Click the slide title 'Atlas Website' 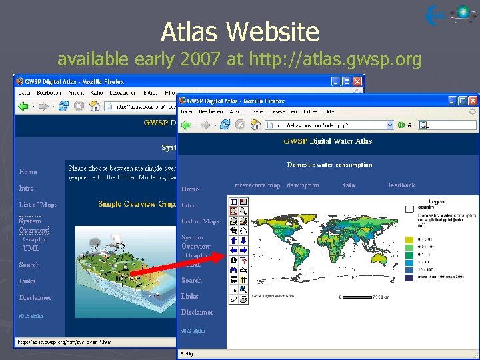(240, 31)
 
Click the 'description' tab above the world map (303, 185)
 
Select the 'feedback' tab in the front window (401, 185)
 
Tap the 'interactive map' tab (257, 185)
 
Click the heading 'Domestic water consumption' (329, 165)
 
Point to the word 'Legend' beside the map (438, 201)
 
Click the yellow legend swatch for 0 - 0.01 (409, 239)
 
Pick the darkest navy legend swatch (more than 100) (409, 278)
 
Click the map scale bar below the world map (359, 297)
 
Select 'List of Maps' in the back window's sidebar (38, 204)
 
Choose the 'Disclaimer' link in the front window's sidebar (197, 312)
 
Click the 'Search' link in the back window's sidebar (29, 265)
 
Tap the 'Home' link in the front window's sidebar (190, 189)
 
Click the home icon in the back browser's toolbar (95, 105)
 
